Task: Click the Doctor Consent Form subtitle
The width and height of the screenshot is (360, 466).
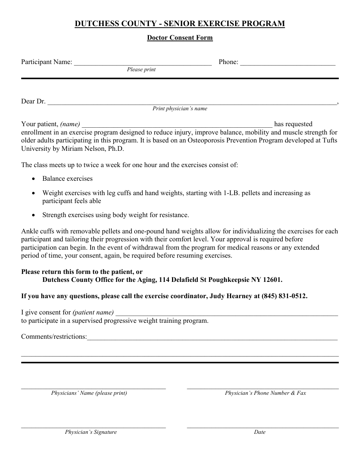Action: tap(180, 38)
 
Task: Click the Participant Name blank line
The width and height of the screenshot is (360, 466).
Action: tap(142, 63)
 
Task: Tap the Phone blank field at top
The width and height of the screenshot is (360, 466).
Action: tap(288, 63)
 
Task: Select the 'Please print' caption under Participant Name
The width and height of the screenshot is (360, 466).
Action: tap(141, 70)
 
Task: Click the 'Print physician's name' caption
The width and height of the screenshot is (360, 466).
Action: tap(180, 109)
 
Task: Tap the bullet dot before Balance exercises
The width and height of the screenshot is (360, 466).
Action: tap(34, 179)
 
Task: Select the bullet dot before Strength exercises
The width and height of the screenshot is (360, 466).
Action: tap(34, 215)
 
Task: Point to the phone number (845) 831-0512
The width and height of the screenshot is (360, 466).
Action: tap(284, 296)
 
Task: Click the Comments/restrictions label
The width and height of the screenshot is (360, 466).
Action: tap(54, 336)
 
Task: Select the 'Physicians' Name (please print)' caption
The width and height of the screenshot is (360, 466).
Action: tap(89, 393)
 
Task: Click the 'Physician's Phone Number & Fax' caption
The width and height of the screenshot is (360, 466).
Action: tap(265, 393)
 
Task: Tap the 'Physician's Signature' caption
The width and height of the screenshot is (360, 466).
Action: tap(91, 432)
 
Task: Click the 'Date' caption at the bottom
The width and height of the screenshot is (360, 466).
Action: tap(260, 432)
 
